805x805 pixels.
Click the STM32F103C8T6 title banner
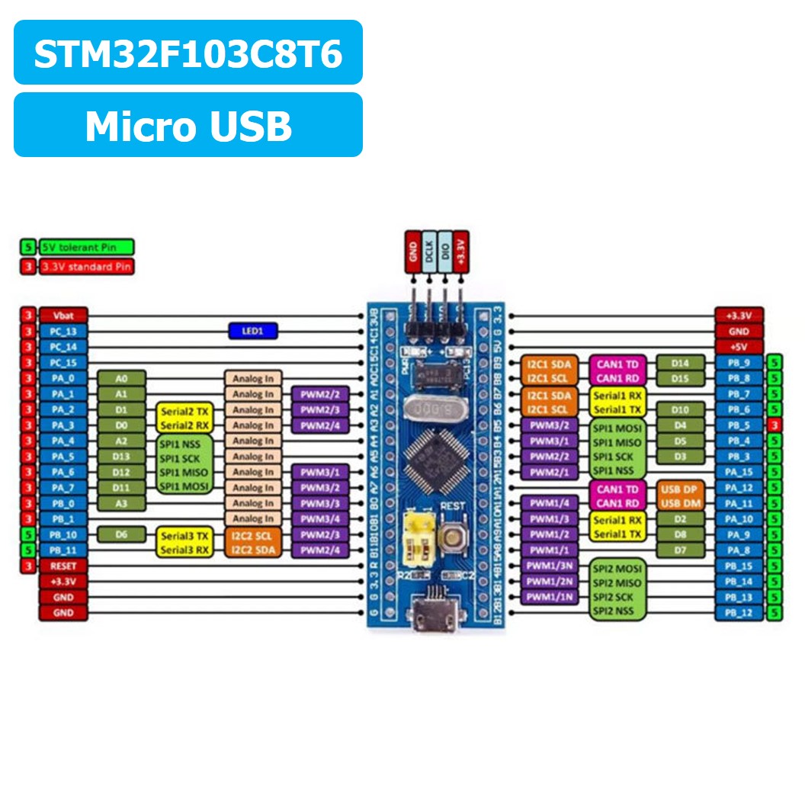tap(188, 53)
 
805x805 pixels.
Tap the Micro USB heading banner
tap(188, 125)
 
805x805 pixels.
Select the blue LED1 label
tap(253, 331)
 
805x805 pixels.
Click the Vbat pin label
tap(64, 316)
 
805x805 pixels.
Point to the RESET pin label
tap(64, 566)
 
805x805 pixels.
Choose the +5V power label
tap(739, 347)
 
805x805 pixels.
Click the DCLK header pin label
tap(429, 252)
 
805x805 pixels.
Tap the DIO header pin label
tap(445, 252)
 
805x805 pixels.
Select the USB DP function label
tap(680, 488)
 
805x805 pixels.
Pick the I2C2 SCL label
tap(253, 535)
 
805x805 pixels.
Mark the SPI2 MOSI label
tap(617, 567)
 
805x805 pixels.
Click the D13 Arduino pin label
tap(121, 457)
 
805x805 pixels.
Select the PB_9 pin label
tap(739, 363)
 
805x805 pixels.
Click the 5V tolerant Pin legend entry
tap(86, 246)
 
